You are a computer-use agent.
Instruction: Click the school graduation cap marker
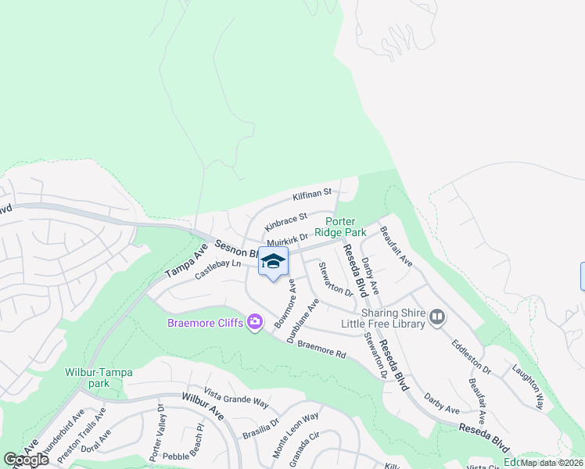(x=273, y=263)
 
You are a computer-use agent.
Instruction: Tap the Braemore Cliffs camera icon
(x=254, y=322)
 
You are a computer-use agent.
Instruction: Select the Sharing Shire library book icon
(x=436, y=317)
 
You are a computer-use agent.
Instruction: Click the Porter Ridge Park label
(x=340, y=227)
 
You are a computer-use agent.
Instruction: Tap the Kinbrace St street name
(x=286, y=220)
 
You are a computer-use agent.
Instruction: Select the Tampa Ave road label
(x=185, y=261)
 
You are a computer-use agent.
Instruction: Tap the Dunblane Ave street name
(x=302, y=320)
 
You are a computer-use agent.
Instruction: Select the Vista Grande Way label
(x=235, y=398)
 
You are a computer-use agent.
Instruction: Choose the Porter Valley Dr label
(x=155, y=443)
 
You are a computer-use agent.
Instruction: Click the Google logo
(x=26, y=460)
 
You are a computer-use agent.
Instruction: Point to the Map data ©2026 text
(x=552, y=463)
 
